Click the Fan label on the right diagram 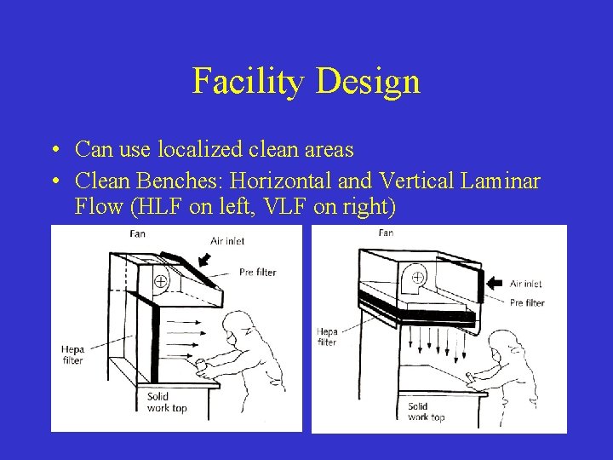click(386, 233)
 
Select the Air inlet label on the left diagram click(227, 241)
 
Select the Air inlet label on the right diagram click(526, 284)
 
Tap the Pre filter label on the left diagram click(257, 273)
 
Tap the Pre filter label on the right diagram click(527, 302)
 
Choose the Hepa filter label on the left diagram click(72, 354)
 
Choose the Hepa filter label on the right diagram click(326, 336)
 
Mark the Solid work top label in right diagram click(425, 411)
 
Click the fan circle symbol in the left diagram click(159, 281)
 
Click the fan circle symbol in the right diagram click(418, 277)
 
